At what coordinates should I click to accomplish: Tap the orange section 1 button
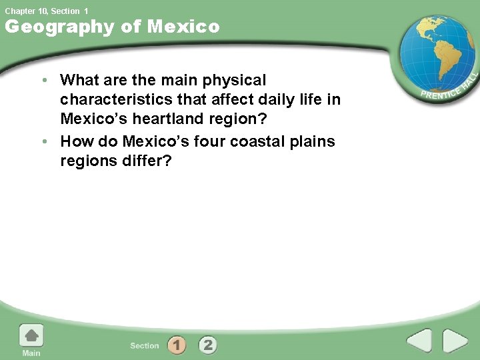click(x=177, y=345)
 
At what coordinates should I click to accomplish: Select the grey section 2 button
click(x=208, y=345)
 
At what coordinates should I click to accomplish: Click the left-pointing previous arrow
click(x=419, y=341)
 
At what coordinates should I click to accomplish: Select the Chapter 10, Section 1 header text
click(x=46, y=11)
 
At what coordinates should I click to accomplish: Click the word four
click(x=207, y=142)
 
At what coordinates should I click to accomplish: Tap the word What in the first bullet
click(x=79, y=81)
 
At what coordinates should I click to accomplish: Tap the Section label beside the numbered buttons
click(x=145, y=345)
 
